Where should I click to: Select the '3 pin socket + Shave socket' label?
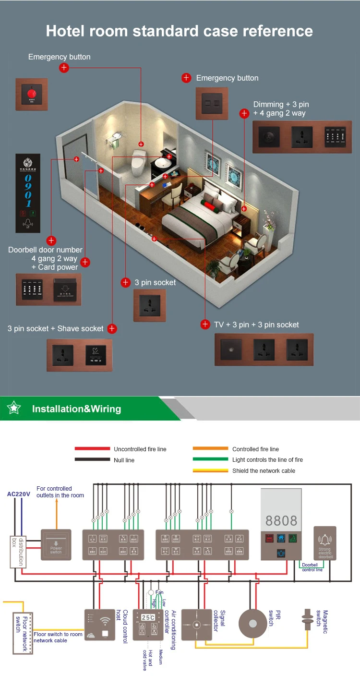pyautogui.click(x=56, y=328)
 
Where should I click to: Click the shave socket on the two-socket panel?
pyautogui.click(x=95, y=355)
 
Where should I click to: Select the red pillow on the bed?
pyautogui.click(x=210, y=206)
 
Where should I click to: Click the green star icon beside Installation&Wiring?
pyautogui.click(x=14, y=409)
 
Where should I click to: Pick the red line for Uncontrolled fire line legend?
pyautogui.click(x=92, y=449)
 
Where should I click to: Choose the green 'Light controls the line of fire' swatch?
pyautogui.click(x=210, y=460)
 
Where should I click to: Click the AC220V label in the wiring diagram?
pyautogui.click(x=19, y=493)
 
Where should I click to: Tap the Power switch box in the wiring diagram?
pyautogui.click(x=56, y=545)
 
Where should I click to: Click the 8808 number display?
pyautogui.click(x=281, y=521)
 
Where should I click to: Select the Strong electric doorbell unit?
pyautogui.click(x=324, y=543)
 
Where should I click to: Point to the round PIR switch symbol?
pyautogui.click(x=252, y=624)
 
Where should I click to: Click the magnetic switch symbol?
pyautogui.click(x=306, y=619)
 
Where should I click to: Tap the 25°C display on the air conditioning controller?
pyautogui.click(x=148, y=617)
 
